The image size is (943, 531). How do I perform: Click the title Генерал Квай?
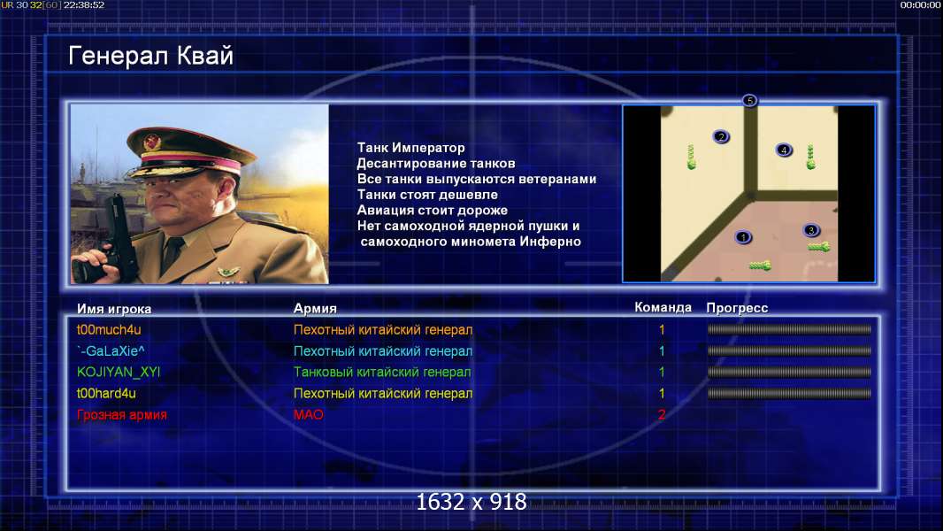tap(150, 56)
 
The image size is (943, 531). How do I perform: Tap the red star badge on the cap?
tap(152, 142)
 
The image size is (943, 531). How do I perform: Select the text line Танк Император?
tap(410, 147)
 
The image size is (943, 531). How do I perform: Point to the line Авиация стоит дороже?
tap(433, 210)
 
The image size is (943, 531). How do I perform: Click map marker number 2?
tap(721, 136)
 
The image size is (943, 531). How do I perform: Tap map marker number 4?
tap(784, 150)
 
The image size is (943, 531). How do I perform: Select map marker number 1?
tap(743, 237)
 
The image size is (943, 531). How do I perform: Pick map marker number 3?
tap(810, 230)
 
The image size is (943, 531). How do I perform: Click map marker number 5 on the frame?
tap(749, 100)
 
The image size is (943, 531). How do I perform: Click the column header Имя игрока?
tap(114, 309)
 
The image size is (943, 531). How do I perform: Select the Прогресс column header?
tap(737, 308)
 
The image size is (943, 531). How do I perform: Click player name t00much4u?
tap(109, 329)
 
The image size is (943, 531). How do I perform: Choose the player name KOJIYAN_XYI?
tap(119, 372)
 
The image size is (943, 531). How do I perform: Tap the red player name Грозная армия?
tap(122, 414)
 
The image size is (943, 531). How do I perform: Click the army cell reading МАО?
tap(309, 414)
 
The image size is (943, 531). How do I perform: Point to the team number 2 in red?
tap(662, 414)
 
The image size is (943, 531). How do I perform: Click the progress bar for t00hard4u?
tap(789, 393)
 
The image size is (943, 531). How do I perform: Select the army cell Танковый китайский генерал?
tap(382, 373)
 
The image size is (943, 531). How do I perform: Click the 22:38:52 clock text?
tap(83, 4)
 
